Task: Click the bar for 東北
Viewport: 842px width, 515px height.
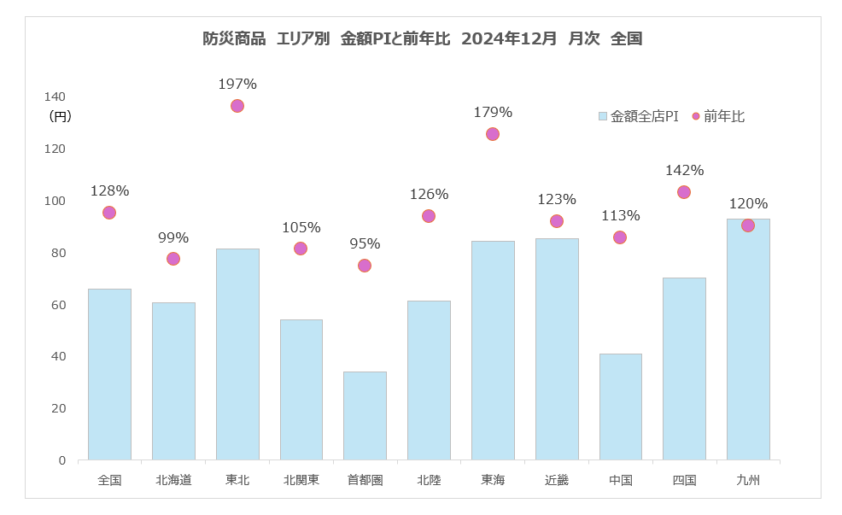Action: tap(237, 354)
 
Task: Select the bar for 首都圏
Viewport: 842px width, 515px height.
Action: tap(365, 416)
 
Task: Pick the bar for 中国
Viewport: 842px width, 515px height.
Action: tap(620, 407)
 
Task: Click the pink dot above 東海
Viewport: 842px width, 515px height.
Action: tap(493, 134)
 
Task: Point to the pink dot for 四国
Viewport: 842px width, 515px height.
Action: tap(684, 192)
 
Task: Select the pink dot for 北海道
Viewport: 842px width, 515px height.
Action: tap(173, 259)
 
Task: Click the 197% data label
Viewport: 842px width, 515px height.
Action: tap(237, 84)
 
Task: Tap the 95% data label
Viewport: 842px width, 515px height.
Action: tap(365, 243)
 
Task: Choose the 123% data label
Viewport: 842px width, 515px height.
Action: tap(557, 199)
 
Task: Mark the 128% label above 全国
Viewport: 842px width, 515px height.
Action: tap(109, 190)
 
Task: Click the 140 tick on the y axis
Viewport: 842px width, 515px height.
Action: tap(56, 97)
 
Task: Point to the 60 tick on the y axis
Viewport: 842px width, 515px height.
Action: tap(58, 305)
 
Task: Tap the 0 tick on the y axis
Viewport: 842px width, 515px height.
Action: tap(61, 460)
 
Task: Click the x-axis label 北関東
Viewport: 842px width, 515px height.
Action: tap(301, 480)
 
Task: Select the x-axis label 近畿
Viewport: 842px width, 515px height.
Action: tap(557, 480)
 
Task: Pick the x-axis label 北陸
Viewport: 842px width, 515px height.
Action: tap(429, 480)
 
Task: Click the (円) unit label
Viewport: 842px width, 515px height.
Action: tap(61, 116)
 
